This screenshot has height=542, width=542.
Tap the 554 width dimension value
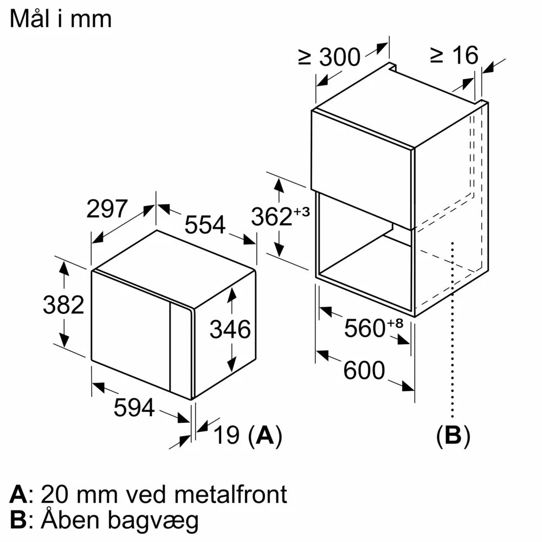tap(205, 224)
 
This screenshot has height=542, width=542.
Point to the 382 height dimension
tap(63, 305)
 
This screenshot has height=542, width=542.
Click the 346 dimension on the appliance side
tap(230, 329)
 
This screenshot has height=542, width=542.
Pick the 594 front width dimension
tap(134, 408)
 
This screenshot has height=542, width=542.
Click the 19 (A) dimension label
tap(247, 435)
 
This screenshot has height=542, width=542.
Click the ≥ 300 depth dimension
tap(329, 57)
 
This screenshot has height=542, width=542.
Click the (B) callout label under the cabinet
tap(453, 435)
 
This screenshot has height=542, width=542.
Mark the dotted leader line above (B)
tap(452, 336)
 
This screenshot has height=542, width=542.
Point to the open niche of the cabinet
tap(366, 249)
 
